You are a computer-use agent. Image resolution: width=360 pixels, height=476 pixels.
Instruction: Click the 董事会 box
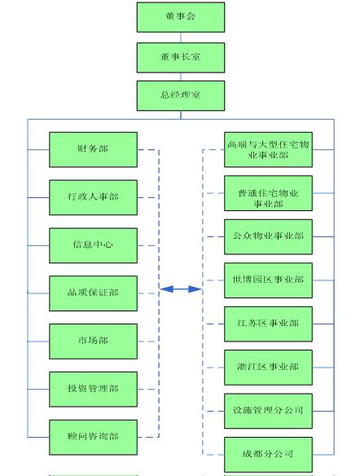pyautogui.click(x=181, y=17)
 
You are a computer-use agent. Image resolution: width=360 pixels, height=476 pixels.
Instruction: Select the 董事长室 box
pyautogui.click(x=181, y=57)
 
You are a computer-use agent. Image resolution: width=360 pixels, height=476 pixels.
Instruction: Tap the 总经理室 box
pyautogui.click(x=181, y=95)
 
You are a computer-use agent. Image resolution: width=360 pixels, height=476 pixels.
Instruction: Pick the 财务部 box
pyautogui.click(x=93, y=149)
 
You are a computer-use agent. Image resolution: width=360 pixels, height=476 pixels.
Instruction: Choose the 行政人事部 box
pyautogui.click(x=93, y=197)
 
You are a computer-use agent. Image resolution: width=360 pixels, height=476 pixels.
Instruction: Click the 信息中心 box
pyautogui.click(x=93, y=245)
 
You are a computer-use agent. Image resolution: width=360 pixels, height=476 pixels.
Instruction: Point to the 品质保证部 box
pyautogui.click(x=93, y=293)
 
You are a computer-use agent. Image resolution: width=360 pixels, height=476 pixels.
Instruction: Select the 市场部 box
pyautogui.click(x=93, y=342)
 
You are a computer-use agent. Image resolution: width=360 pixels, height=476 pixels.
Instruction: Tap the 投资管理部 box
pyautogui.click(x=93, y=389)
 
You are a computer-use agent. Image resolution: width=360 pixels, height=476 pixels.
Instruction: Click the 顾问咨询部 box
pyautogui.click(x=93, y=437)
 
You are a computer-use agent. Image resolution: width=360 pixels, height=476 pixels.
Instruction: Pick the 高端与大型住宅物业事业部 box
pyautogui.click(x=269, y=149)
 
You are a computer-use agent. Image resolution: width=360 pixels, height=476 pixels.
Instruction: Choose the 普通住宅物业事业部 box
pyautogui.click(x=269, y=193)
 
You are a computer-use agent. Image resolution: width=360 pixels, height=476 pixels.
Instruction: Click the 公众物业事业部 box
pyautogui.click(x=269, y=237)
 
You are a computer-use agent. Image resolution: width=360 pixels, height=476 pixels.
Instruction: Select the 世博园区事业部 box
pyautogui.click(x=269, y=280)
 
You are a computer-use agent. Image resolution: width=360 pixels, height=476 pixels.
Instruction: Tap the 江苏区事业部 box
pyautogui.click(x=269, y=324)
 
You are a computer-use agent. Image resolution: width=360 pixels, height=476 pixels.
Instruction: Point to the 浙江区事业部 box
pyautogui.click(x=269, y=368)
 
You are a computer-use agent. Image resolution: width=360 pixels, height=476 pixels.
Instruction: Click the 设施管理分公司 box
pyautogui.click(x=269, y=411)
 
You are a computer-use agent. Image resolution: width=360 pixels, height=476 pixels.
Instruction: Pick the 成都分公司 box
pyautogui.click(x=269, y=455)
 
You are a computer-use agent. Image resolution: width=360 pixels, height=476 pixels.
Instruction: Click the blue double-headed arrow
pyautogui.click(x=181, y=289)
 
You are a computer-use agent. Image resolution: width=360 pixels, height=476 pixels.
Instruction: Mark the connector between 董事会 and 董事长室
pyautogui.click(x=181, y=37)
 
